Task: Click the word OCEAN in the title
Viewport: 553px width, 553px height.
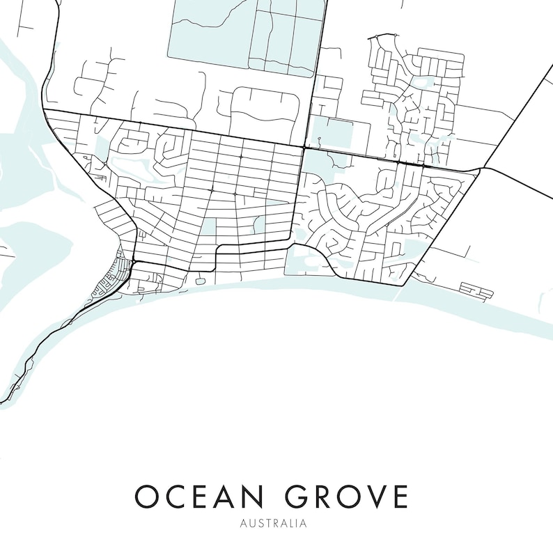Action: (198, 497)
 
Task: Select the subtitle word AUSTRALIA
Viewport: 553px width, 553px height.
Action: (273, 523)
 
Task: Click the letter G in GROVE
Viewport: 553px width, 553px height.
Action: (297, 497)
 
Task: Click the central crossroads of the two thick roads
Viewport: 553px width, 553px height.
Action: (304, 148)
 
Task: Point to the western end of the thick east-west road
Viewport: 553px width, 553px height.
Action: (45, 109)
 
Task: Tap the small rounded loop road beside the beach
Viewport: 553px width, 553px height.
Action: (201, 281)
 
